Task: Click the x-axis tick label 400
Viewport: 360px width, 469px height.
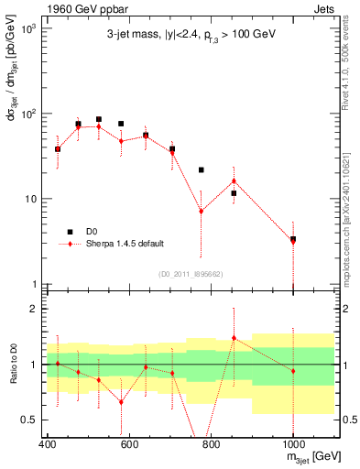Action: [48, 445]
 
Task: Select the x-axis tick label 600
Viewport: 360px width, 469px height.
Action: [129, 445]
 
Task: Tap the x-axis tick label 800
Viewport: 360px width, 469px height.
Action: [212, 445]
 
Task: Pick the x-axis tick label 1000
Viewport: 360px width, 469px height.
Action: [293, 445]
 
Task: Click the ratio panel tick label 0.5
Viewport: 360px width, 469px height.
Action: [30, 420]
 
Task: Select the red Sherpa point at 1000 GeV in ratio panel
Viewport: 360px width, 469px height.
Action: [293, 371]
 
